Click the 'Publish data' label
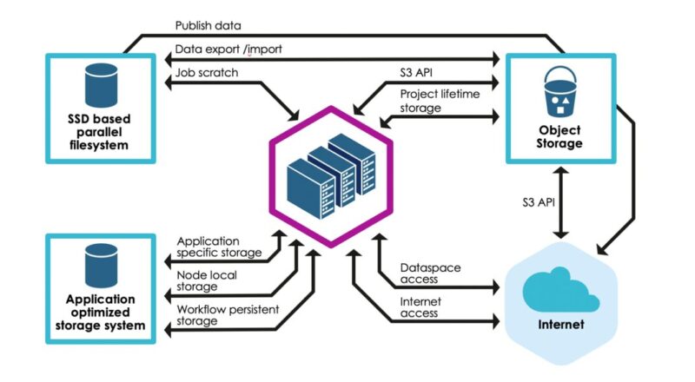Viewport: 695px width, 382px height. tap(208, 27)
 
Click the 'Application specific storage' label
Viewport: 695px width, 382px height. tap(218, 247)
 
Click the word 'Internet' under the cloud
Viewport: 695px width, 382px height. tap(560, 327)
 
